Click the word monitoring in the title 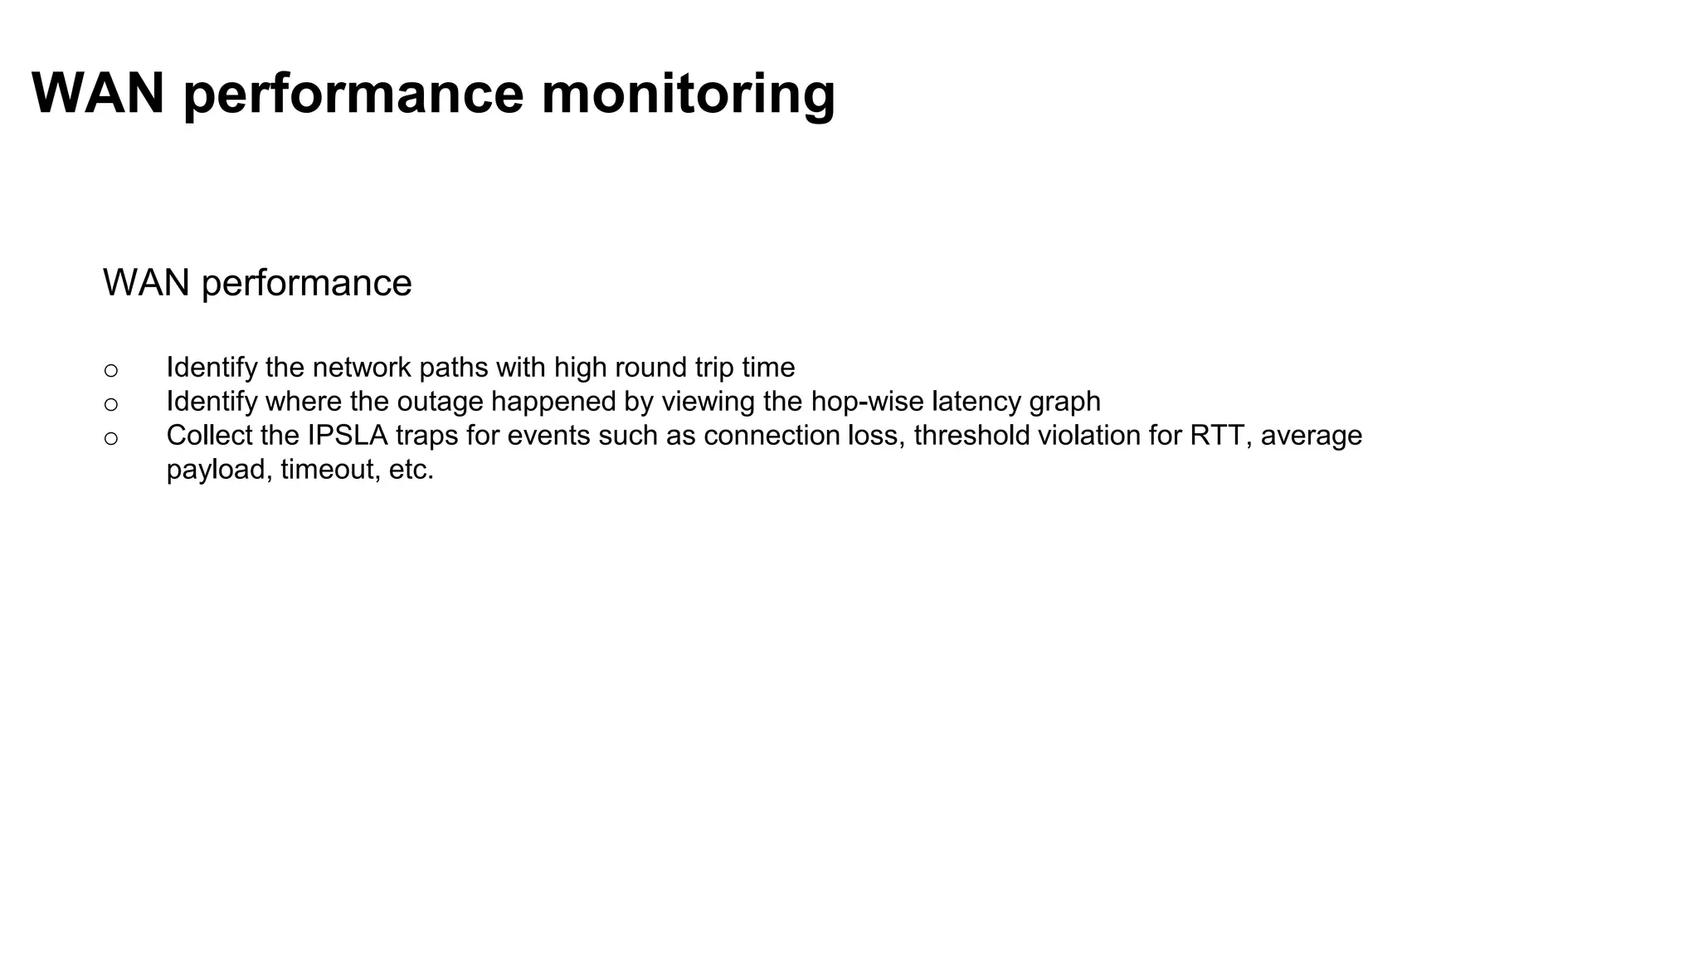(x=688, y=93)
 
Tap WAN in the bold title (x=98, y=93)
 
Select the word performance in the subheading (x=306, y=284)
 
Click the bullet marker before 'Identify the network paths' (x=111, y=370)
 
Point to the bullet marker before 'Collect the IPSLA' (x=111, y=438)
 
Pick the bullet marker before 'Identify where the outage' (x=111, y=404)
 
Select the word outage (x=440, y=402)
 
